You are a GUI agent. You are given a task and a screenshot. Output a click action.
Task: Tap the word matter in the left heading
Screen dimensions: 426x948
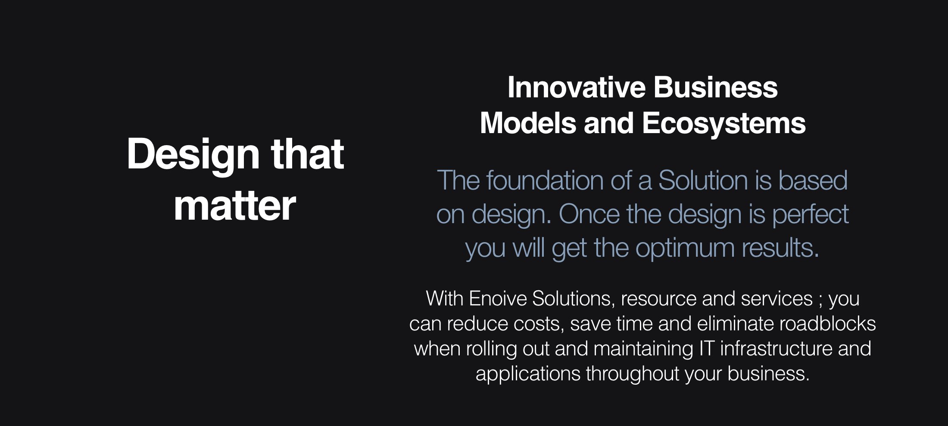click(235, 206)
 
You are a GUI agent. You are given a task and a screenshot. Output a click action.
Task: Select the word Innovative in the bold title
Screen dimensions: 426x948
click(576, 87)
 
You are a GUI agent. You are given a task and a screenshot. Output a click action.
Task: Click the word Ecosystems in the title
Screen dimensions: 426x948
click(723, 123)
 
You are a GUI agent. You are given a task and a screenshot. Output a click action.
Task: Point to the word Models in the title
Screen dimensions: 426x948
click(527, 123)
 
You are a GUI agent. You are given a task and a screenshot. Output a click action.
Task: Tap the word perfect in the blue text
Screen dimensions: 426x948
click(810, 214)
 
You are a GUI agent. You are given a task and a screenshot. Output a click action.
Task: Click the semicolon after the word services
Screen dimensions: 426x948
click(820, 300)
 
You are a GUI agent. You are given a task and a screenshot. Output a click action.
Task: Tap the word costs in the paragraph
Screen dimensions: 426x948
click(539, 324)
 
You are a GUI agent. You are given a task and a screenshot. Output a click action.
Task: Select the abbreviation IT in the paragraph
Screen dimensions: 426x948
click(707, 348)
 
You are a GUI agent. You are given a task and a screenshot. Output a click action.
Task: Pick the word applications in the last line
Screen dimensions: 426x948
click(527, 374)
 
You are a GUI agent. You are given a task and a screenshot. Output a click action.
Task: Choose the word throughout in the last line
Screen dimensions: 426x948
click(632, 373)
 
